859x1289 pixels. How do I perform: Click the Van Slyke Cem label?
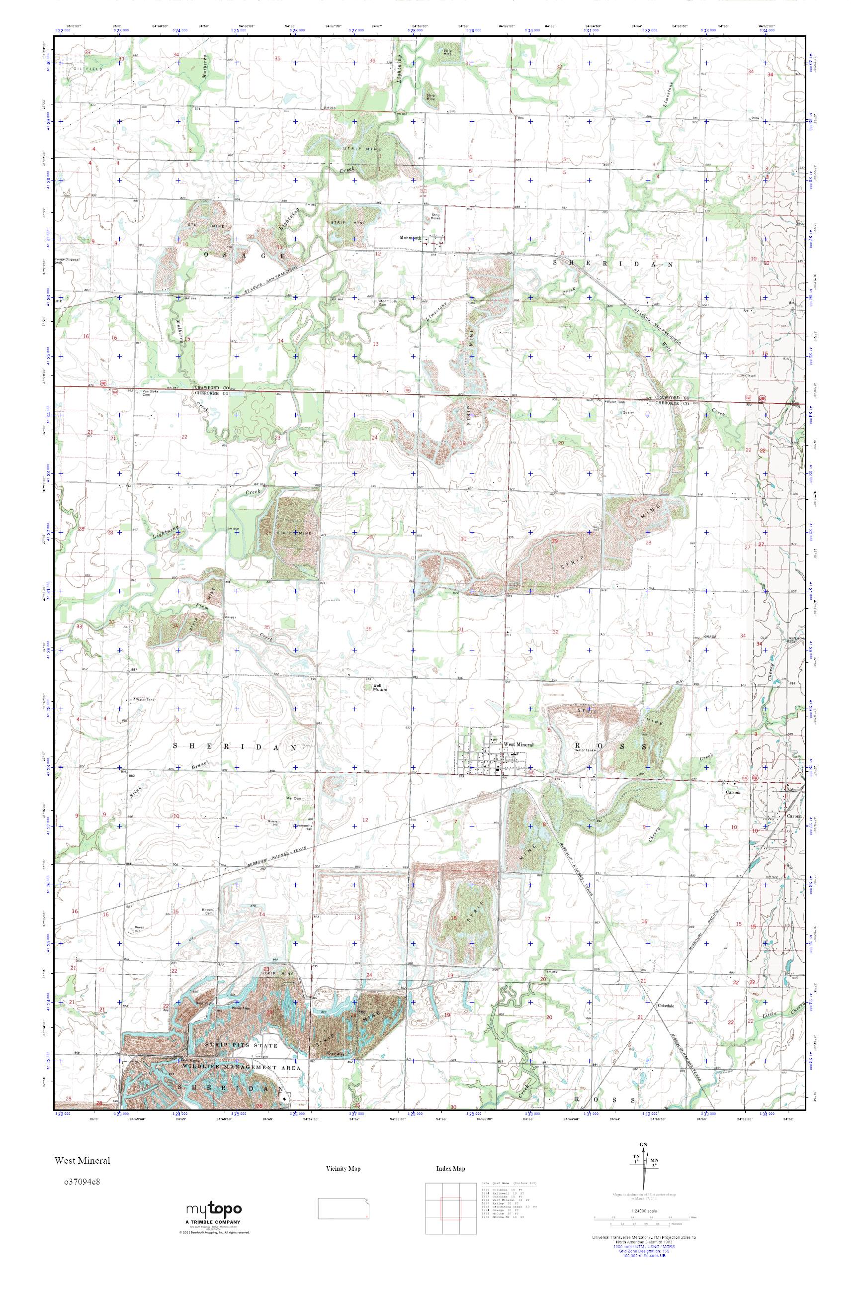point(150,392)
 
